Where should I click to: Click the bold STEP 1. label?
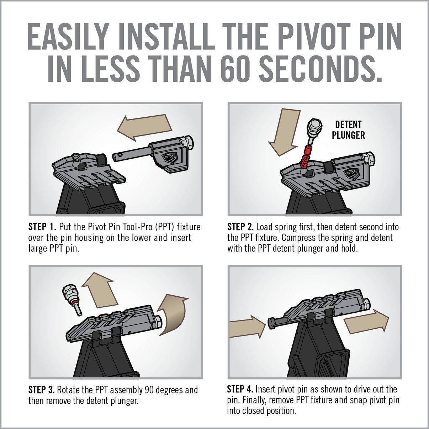click(42, 227)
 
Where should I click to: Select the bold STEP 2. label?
click(240, 227)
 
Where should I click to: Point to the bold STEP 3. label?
click(41, 390)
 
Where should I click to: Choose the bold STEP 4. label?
click(240, 389)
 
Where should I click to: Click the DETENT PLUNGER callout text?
click(348, 130)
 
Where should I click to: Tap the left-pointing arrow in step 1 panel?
click(144, 127)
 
